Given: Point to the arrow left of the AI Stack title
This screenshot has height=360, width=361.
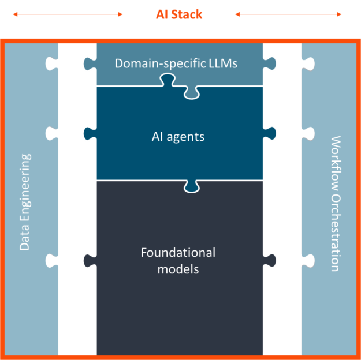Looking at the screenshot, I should point(67,14).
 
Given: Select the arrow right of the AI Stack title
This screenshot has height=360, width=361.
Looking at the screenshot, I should point(288,14).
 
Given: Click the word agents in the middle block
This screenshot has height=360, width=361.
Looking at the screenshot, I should point(187,137).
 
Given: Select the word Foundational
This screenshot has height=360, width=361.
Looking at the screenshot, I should point(178,253).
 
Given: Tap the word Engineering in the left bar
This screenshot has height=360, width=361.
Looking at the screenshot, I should point(25,187).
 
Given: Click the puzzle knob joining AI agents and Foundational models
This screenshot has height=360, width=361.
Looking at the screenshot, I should point(191,185).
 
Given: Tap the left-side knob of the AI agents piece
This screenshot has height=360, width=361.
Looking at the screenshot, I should point(89,133).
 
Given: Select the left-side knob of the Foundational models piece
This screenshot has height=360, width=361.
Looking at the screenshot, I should point(89,261).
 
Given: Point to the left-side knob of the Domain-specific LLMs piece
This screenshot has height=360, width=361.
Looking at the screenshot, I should point(89,62).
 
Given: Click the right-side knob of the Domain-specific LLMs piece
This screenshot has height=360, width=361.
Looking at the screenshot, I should point(270,62).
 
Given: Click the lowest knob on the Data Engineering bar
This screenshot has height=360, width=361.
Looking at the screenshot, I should point(53,261).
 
